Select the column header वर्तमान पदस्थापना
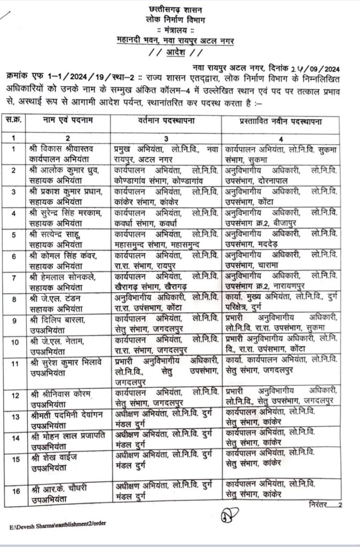coord(168,122)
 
